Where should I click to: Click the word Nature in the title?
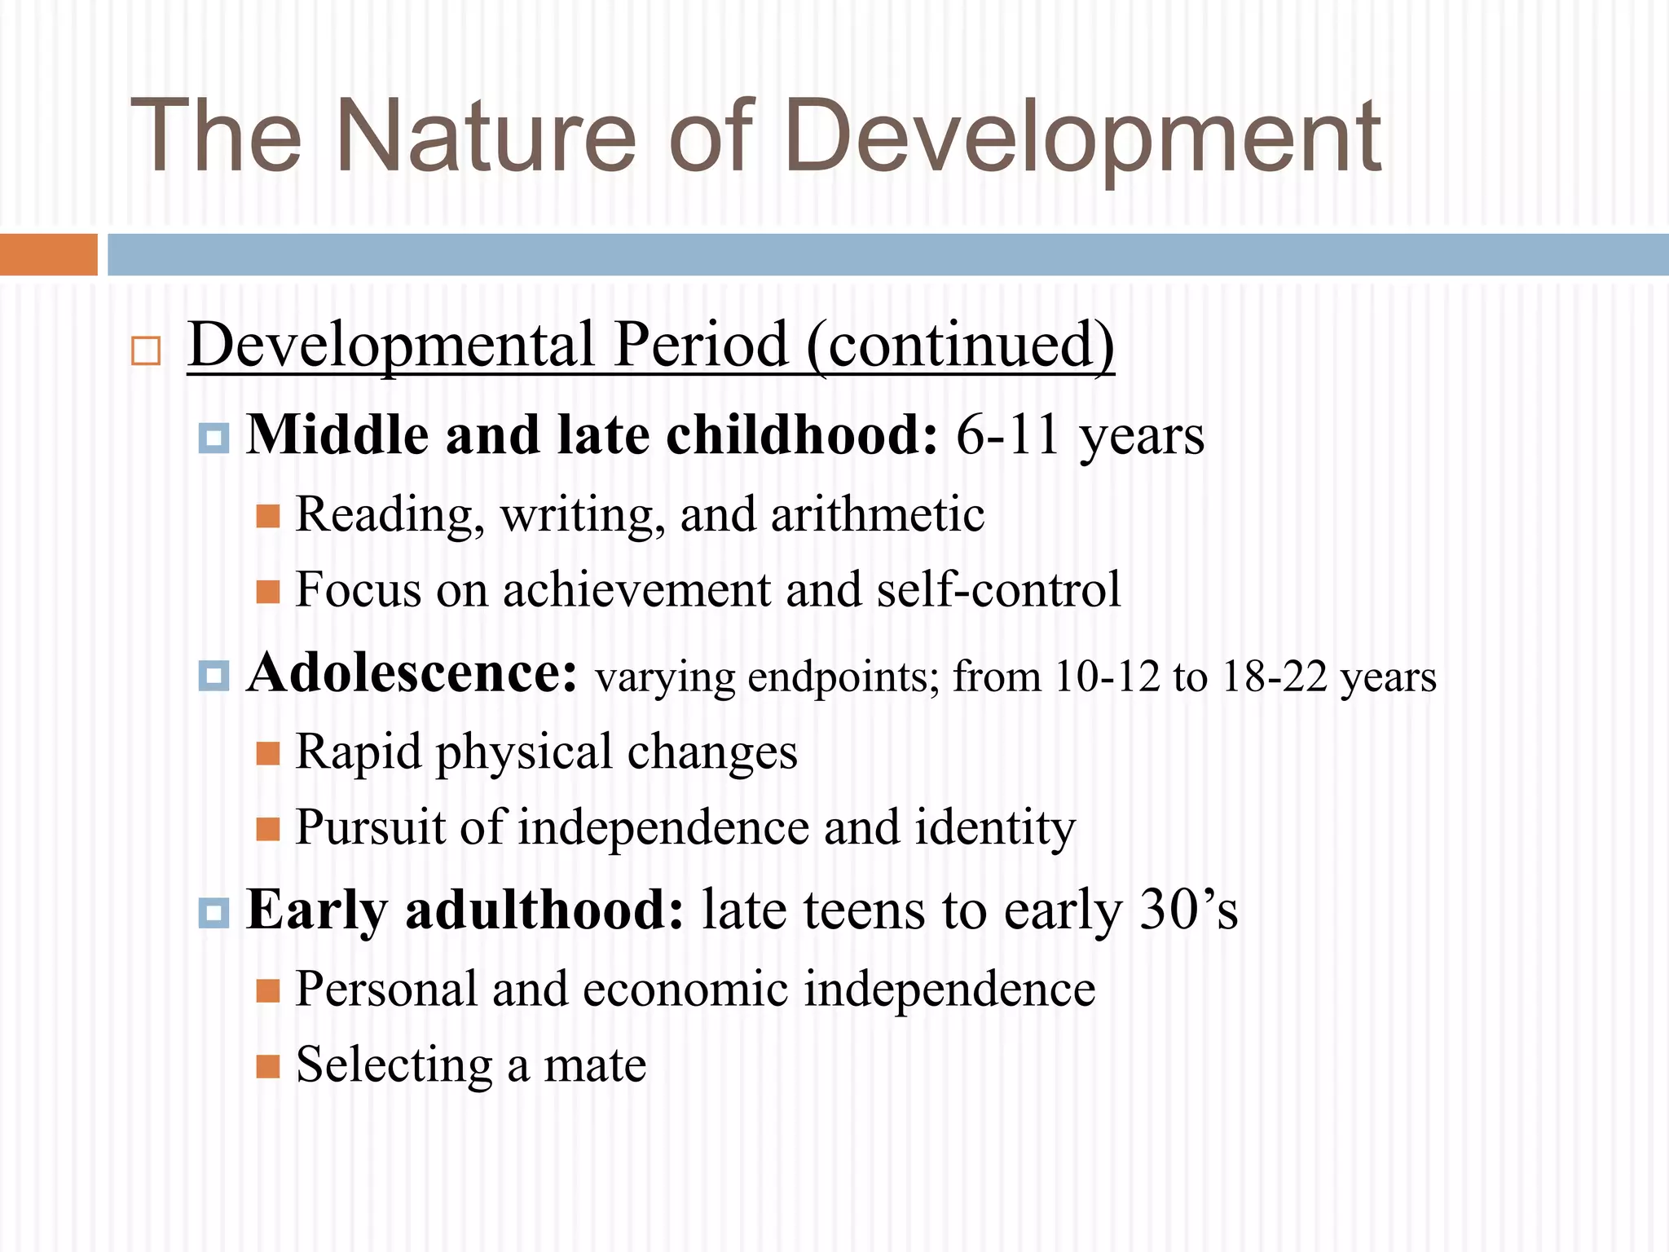tap(484, 137)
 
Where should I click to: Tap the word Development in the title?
tap(1082, 137)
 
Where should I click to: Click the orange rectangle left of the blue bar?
tap(48, 254)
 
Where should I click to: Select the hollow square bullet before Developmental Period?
tap(146, 350)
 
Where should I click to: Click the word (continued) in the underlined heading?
tap(960, 345)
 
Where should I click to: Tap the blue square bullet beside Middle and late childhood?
tap(214, 439)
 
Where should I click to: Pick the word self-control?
tap(998, 589)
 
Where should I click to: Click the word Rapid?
tap(358, 752)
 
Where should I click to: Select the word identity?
tap(995, 827)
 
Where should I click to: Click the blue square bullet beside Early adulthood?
tap(214, 913)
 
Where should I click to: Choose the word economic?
tap(685, 990)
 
